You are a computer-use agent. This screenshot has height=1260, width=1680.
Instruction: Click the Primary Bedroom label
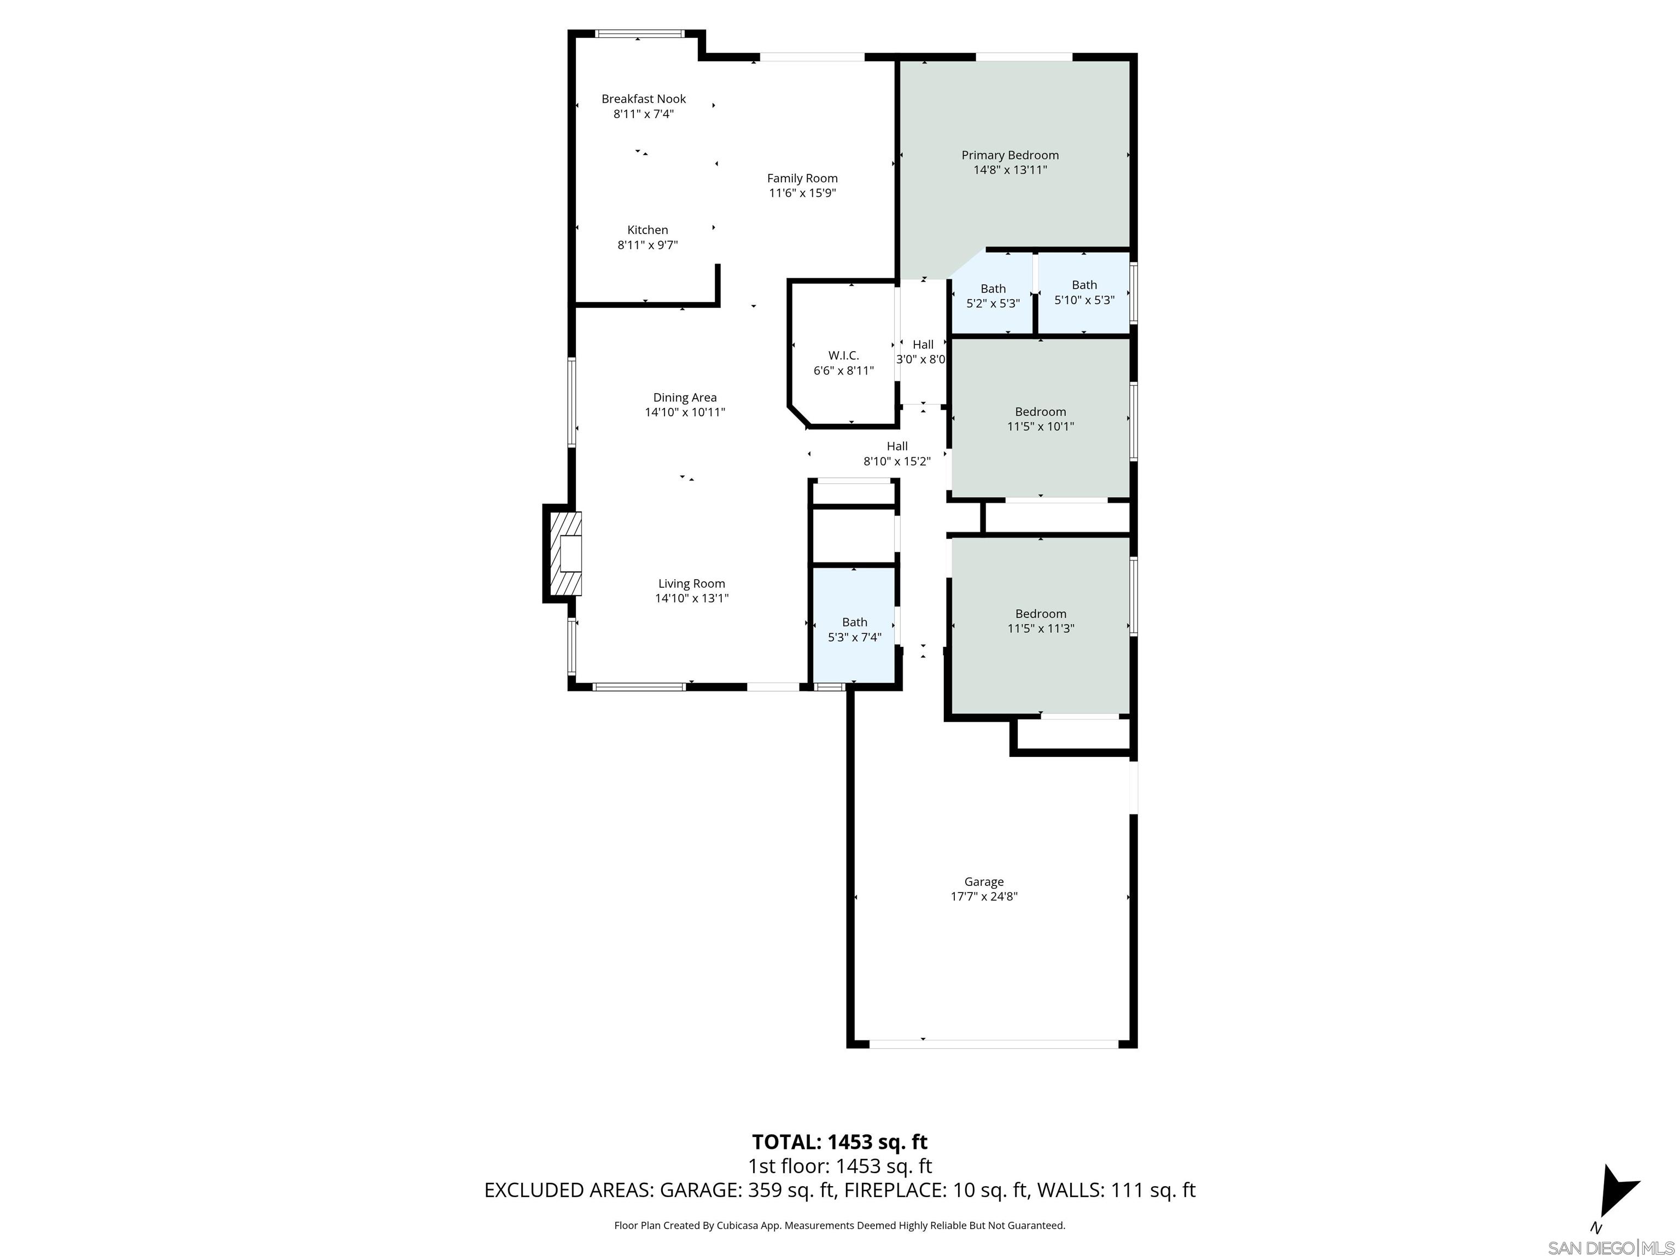1010,155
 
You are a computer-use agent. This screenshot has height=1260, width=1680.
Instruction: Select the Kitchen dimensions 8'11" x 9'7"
647,244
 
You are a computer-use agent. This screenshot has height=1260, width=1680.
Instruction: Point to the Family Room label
802,178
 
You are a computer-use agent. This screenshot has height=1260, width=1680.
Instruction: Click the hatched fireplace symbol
565,553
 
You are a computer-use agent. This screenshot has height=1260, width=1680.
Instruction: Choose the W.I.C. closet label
843,355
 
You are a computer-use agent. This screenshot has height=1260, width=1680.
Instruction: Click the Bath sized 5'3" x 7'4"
854,629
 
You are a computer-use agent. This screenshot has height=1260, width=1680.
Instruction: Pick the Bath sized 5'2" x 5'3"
993,295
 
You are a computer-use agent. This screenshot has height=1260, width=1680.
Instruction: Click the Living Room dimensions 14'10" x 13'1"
691,598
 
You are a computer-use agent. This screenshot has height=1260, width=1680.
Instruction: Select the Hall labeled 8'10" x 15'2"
897,453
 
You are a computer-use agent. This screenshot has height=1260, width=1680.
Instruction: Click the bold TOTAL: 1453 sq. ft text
839,1141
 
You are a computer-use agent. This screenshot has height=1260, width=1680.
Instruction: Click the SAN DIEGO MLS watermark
1610,1248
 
